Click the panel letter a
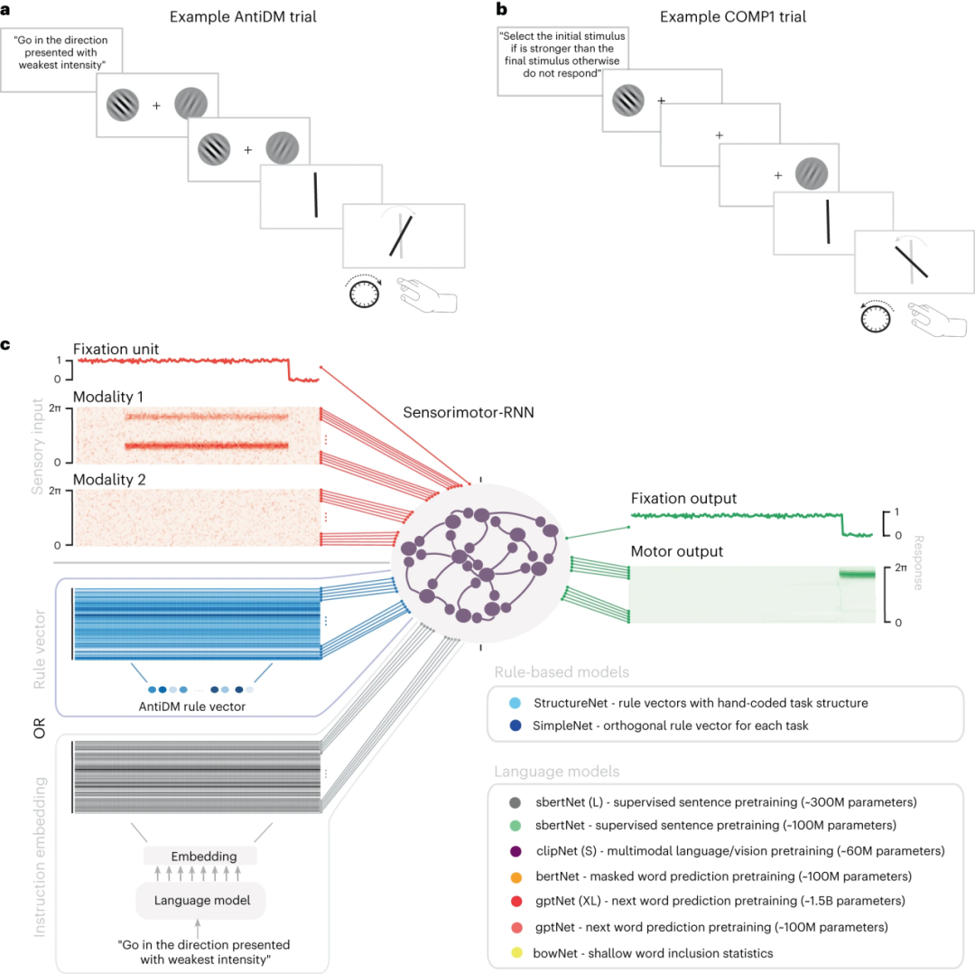(x=6, y=8)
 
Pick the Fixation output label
(x=683, y=499)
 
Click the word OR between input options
(x=39, y=728)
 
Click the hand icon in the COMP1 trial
(x=939, y=321)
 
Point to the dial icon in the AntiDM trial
(x=362, y=294)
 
